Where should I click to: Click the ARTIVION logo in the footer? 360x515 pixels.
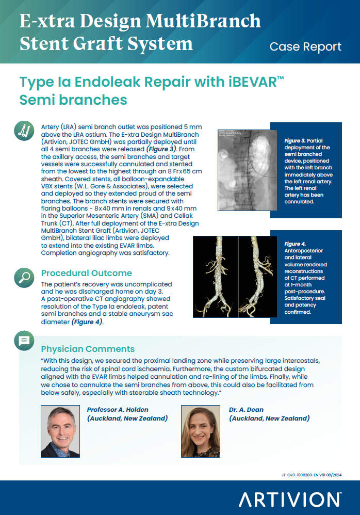click(289, 500)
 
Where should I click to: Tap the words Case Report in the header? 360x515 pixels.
click(305, 46)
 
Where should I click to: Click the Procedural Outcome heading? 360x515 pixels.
click(86, 273)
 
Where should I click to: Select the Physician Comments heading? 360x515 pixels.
click(88, 349)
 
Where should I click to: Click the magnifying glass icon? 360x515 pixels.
click(24, 277)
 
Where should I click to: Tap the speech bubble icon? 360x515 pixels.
click(24, 341)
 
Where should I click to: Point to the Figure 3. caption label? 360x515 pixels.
click(295, 140)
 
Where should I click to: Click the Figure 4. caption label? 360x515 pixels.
click(295, 244)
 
